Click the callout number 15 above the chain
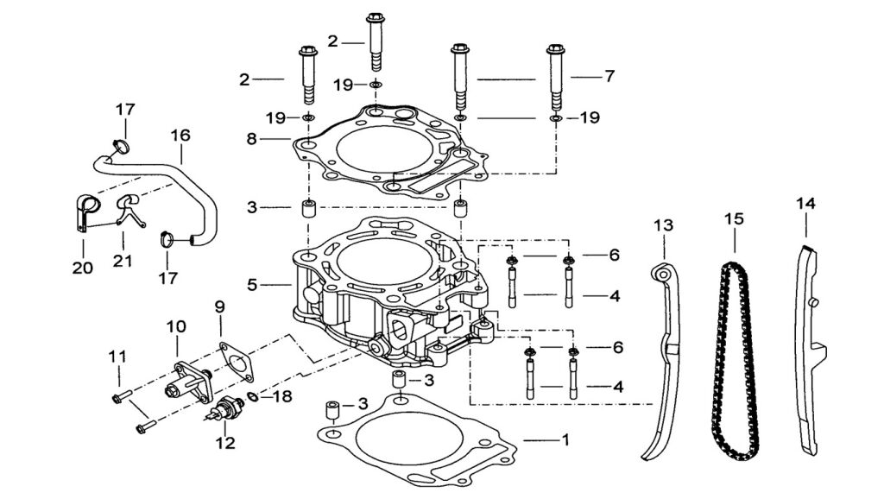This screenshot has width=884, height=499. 734,218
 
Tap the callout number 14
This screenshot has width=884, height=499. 805,203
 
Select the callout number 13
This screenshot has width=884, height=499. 664,225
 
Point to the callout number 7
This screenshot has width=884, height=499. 609,76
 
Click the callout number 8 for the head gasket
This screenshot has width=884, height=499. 251,139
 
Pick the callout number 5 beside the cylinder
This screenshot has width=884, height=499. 252,285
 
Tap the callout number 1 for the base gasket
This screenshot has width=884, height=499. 566,439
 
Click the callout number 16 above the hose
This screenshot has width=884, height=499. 181,136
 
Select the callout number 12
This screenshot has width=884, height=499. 225,443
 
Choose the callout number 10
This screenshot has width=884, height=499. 176,325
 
